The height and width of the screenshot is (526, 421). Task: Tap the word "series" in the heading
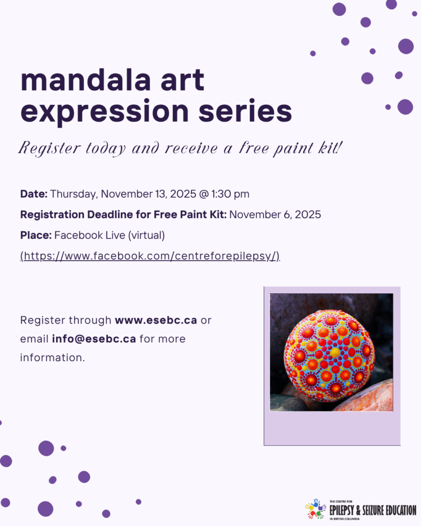click(x=245, y=111)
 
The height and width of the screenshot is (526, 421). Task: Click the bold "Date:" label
click(x=34, y=194)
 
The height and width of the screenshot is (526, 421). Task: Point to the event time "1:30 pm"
click(x=230, y=194)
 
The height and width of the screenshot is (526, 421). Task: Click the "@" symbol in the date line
click(x=204, y=194)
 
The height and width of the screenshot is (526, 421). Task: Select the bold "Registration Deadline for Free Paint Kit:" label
click(x=123, y=215)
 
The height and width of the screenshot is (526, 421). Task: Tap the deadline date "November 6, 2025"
click(x=275, y=215)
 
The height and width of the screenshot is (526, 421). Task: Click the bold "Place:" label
click(x=36, y=235)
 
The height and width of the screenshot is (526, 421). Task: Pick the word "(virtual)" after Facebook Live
click(x=147, y=235)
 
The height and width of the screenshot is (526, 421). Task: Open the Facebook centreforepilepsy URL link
click(x=150, y=256)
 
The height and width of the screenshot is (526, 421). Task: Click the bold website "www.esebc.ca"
click(x=156, y=321)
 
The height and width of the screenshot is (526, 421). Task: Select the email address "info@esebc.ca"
click(x=94, y=339)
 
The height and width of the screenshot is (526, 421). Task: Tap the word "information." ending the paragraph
click(x=52, y=358)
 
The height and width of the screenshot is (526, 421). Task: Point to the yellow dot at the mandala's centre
click(x=335, y=352)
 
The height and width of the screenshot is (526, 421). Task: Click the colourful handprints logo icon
click(x=315, y=509)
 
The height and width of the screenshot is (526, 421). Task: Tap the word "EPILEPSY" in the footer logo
click(x=342, y=511)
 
